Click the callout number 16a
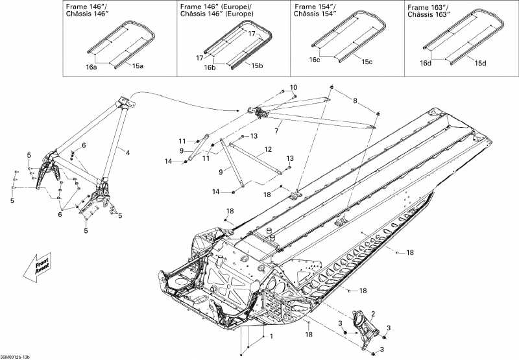[92, 67]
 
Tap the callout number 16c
[315, 60]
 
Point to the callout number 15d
[480, 62]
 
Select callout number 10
[293, 88]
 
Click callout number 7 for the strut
[276, 131]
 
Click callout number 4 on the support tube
[128, 152]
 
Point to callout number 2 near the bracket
[372, 314]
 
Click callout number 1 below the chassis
[271, 336]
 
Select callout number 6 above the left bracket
[83, 145]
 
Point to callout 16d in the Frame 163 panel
[426, 63]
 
